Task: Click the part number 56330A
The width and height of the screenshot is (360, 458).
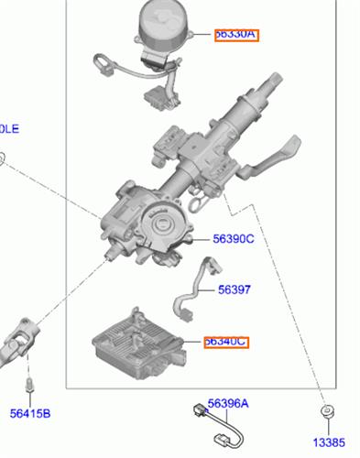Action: tap(236, 34)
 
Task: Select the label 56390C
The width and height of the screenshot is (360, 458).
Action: tap(233, 239)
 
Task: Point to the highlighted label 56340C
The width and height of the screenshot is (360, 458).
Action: tap(224, 342)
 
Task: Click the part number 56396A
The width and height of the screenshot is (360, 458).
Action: tap(227, 403)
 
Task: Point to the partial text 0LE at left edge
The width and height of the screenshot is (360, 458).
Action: tap(8, 128)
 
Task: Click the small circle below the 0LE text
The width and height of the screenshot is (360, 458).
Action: tap(3, 158)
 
